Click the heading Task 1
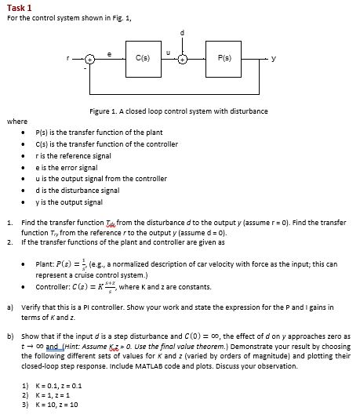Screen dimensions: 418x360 19,7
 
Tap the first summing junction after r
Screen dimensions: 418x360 91,58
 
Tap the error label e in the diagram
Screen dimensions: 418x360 111,49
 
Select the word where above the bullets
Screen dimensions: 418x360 16,122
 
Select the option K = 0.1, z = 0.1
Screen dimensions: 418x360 53,386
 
